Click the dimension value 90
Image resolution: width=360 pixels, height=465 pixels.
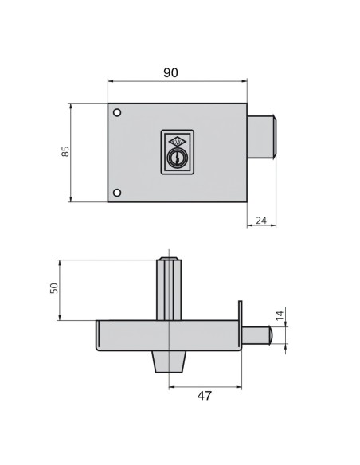point(170,72)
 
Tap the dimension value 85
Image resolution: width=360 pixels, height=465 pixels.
point(66,151)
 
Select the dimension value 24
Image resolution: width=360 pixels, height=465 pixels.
point(262,221)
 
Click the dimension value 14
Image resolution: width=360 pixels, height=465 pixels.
point(278,315)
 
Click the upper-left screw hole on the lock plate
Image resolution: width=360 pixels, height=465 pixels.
point(118,112)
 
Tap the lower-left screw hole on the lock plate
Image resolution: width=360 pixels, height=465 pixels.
point(118,192)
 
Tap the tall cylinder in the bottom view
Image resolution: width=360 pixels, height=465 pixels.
point(170,288)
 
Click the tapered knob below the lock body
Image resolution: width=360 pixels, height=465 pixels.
point(170,362)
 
